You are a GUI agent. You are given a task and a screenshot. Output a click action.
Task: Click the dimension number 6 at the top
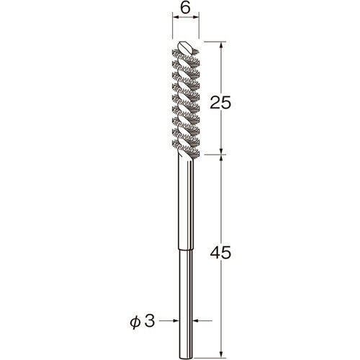point(185,9)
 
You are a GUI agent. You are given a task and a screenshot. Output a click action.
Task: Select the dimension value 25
point(220,103)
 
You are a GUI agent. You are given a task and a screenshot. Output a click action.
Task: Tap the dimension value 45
point(220,253)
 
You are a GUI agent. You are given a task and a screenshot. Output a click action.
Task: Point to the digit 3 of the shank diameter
point(150,320)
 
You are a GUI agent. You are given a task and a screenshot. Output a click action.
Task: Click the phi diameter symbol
point(135,322)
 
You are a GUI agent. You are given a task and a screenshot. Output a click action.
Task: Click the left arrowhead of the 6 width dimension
point(176,17)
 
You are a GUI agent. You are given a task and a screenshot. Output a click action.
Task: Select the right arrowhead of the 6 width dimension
point(196,17)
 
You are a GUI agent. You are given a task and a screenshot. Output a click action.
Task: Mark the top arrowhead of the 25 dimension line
point(221,45)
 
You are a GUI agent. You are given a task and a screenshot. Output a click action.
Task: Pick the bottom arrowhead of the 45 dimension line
point(221,356)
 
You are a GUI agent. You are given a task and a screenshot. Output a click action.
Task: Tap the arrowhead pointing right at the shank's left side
point(176,320)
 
